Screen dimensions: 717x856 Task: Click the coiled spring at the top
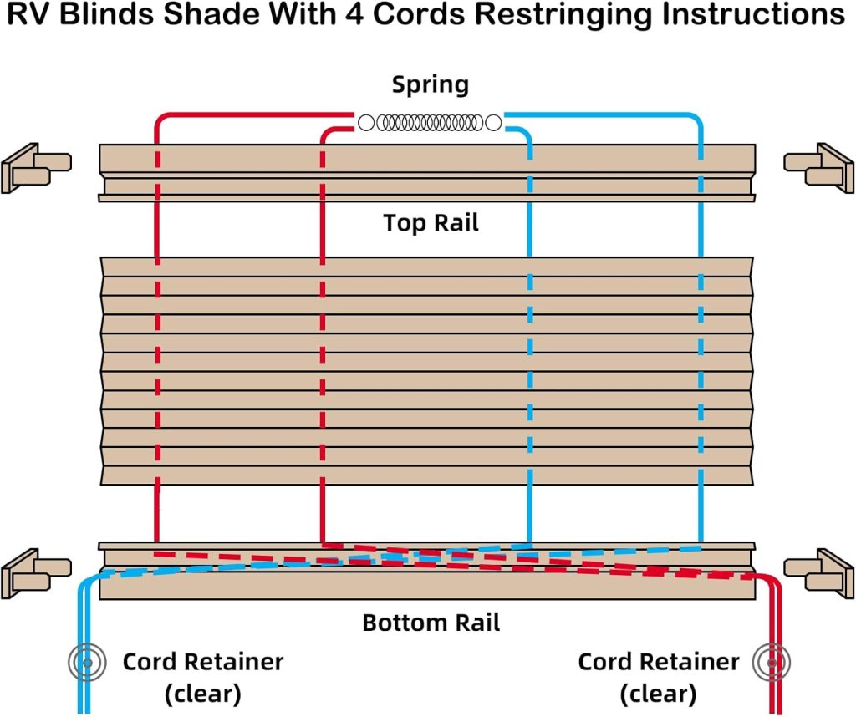coord(430,123)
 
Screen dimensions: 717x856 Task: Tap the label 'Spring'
coord(431,84)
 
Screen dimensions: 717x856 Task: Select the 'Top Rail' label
coord(431,223)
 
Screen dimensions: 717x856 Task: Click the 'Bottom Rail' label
coord(431,623)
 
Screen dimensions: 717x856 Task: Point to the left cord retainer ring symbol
coord(84,663)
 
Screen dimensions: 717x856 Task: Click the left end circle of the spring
coord(366,123)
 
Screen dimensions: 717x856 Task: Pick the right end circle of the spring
coord(494,123)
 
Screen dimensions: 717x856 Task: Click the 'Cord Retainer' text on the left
coord(203,663)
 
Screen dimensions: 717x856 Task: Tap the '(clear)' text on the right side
coord(658,693)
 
